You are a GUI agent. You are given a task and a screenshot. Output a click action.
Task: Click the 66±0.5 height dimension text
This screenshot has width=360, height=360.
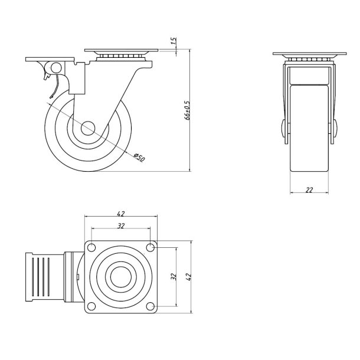[186, 110]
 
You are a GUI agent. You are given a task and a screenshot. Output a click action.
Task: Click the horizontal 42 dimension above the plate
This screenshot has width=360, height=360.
[121, 214]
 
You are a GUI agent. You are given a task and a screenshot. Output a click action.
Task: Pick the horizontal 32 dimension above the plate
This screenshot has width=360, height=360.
[121, 225]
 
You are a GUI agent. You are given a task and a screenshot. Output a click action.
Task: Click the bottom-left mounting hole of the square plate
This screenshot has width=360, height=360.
[92, 306]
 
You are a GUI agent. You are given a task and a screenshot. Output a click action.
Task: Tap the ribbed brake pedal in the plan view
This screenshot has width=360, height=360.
[44, 276]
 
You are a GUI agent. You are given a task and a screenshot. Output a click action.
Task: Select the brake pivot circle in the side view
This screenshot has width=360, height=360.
[57, 68]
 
